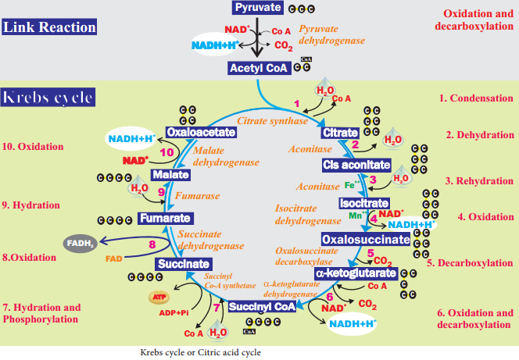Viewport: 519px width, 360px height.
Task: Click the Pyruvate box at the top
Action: coord(257,8)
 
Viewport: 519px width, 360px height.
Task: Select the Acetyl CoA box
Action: coord(259,68)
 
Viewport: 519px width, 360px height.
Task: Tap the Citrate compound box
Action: coord(340,133)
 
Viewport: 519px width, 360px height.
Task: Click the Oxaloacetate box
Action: coord(201,132)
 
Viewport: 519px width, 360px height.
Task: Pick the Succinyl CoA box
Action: coord(262,307)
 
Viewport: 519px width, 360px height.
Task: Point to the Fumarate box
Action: coord(166,219)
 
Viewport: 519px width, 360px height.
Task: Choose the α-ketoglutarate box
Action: coord(356,273)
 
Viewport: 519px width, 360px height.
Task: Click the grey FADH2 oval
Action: coord(80,244)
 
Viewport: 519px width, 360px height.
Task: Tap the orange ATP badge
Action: coord(159,297)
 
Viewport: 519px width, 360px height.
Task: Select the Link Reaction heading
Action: coord(49,27)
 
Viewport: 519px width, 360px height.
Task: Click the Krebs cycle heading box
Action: coord(48,97)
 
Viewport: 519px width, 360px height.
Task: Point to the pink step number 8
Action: coord(152,244)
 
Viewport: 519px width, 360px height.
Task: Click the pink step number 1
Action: coord(297,104)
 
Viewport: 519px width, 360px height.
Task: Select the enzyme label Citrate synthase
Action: coord(273,121)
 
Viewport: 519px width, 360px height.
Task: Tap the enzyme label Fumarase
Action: coord(197,196)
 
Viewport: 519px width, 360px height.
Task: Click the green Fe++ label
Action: coord(353,185)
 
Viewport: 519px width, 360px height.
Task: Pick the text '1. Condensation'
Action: coord(476,98)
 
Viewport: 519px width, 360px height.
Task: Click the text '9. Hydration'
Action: coord(31,205)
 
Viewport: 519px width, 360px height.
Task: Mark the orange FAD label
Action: coord(114,258)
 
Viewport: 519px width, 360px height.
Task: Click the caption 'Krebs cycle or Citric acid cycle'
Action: coord(201,352)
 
